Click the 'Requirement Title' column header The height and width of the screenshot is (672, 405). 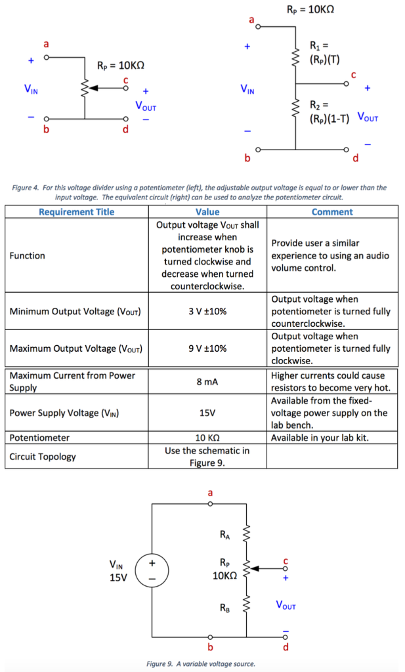click(76, 212)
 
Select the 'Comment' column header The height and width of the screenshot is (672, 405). click(332, 212)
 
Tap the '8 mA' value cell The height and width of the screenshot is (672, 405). click(207, 381)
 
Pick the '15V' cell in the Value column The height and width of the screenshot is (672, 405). click(207, 413)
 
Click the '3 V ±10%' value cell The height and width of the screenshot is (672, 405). click(207, 311)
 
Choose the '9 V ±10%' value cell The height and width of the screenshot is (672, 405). click(207, 348)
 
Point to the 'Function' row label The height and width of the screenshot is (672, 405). click(28, 255)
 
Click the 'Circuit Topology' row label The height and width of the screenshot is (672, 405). click(43, 456)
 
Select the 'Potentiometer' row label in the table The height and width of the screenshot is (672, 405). click(39, 437)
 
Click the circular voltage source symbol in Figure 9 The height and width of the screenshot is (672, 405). click(152, 570)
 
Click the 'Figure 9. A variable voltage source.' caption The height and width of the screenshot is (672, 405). click(201, 663)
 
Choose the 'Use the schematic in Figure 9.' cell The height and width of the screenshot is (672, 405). click(207, 456)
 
